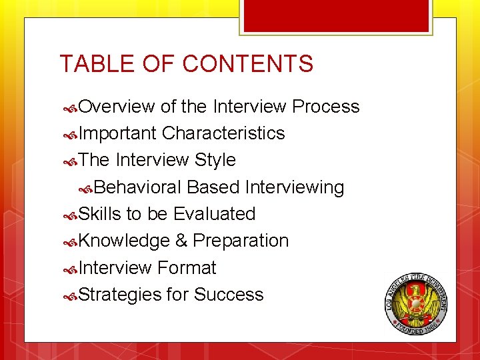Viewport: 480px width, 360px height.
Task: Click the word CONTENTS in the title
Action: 247,64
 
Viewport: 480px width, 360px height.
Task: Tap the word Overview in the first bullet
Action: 117,107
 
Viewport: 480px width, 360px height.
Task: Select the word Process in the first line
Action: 326,107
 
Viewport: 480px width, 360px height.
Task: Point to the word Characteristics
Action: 223,133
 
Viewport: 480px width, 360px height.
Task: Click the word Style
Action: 215,160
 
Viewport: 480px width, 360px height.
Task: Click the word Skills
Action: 100,214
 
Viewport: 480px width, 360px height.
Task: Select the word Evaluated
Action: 214,214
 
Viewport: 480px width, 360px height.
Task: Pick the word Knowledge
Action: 124,241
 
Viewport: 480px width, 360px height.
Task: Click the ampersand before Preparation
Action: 181,241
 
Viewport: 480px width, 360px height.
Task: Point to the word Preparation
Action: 241,241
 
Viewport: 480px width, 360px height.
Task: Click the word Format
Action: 187,268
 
